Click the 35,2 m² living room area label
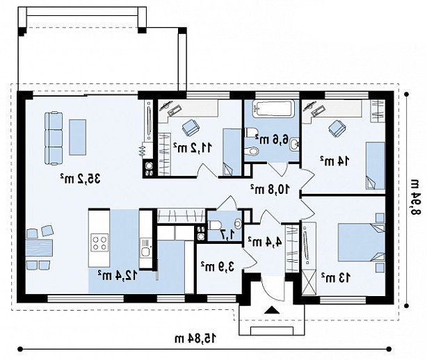(81, 179)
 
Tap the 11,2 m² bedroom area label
(192, 148)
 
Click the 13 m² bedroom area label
(336, 278)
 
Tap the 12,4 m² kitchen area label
(118, 276)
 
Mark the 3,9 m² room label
(218, 267)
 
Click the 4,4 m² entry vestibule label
(264, 242)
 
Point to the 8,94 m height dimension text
(414, 197)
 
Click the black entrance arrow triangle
(271, 310)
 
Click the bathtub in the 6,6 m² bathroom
(273, 109)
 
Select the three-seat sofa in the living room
(54, 138)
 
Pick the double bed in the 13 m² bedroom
(361, 242)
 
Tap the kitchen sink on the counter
(145, 251)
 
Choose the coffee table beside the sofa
(78, 138)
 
